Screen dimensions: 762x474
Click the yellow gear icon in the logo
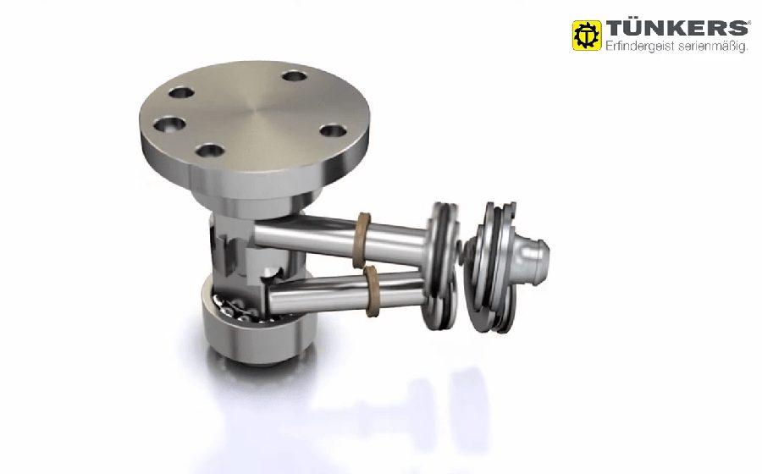(587, 36)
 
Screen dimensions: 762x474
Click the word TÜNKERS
(677, 28)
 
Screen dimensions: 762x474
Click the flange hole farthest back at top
(295, 76)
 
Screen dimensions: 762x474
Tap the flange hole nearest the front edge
(211, 150)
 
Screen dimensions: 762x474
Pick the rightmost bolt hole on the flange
(334, 130)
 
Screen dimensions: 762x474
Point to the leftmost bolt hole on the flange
(169, 124)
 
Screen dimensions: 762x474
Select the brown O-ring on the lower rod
(372, 291)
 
